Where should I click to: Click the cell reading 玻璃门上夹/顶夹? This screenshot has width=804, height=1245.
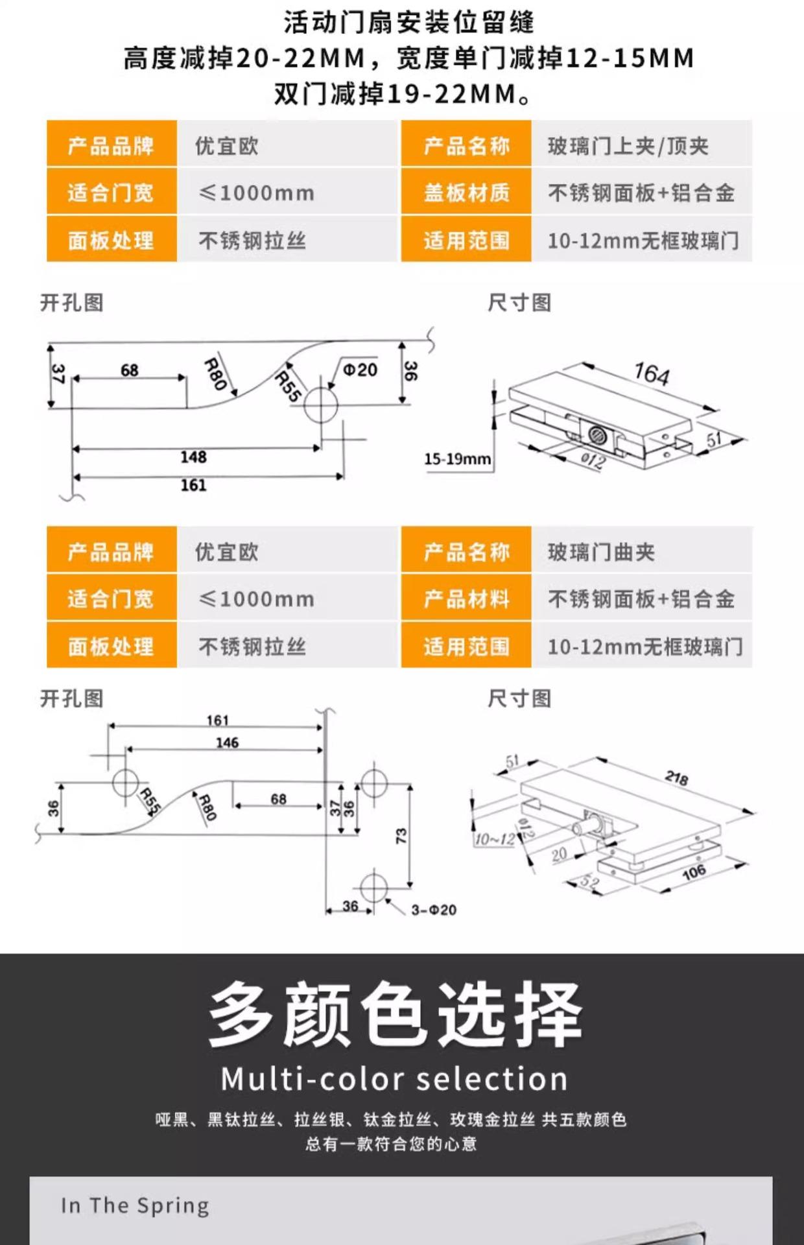tap(628, 146)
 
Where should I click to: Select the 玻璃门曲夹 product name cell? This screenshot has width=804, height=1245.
tap(601, 552)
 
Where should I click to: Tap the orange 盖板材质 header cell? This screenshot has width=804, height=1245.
tap(466, 193)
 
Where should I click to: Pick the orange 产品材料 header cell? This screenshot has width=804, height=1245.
tap(466, 599)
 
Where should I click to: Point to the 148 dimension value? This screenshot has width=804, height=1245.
tap(193, 457)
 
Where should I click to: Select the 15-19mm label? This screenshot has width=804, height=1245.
tap(457, 459)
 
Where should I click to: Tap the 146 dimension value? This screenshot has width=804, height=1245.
tap(227, 742)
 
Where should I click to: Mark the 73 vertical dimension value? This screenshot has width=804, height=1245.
tap(401, 835)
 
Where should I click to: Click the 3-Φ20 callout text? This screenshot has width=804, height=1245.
tap(434, 910)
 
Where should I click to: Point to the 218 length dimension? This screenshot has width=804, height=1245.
tap(676, 777)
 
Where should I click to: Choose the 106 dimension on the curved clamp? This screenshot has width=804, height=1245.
tap(693, 872)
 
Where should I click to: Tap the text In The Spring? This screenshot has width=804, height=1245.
tap(135, 1205)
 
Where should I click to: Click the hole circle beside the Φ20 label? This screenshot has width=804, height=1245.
tap(321, 405)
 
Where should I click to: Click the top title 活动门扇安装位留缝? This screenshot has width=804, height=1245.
tap(408, 23)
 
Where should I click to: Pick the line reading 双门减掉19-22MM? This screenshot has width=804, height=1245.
tap(402, 94)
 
